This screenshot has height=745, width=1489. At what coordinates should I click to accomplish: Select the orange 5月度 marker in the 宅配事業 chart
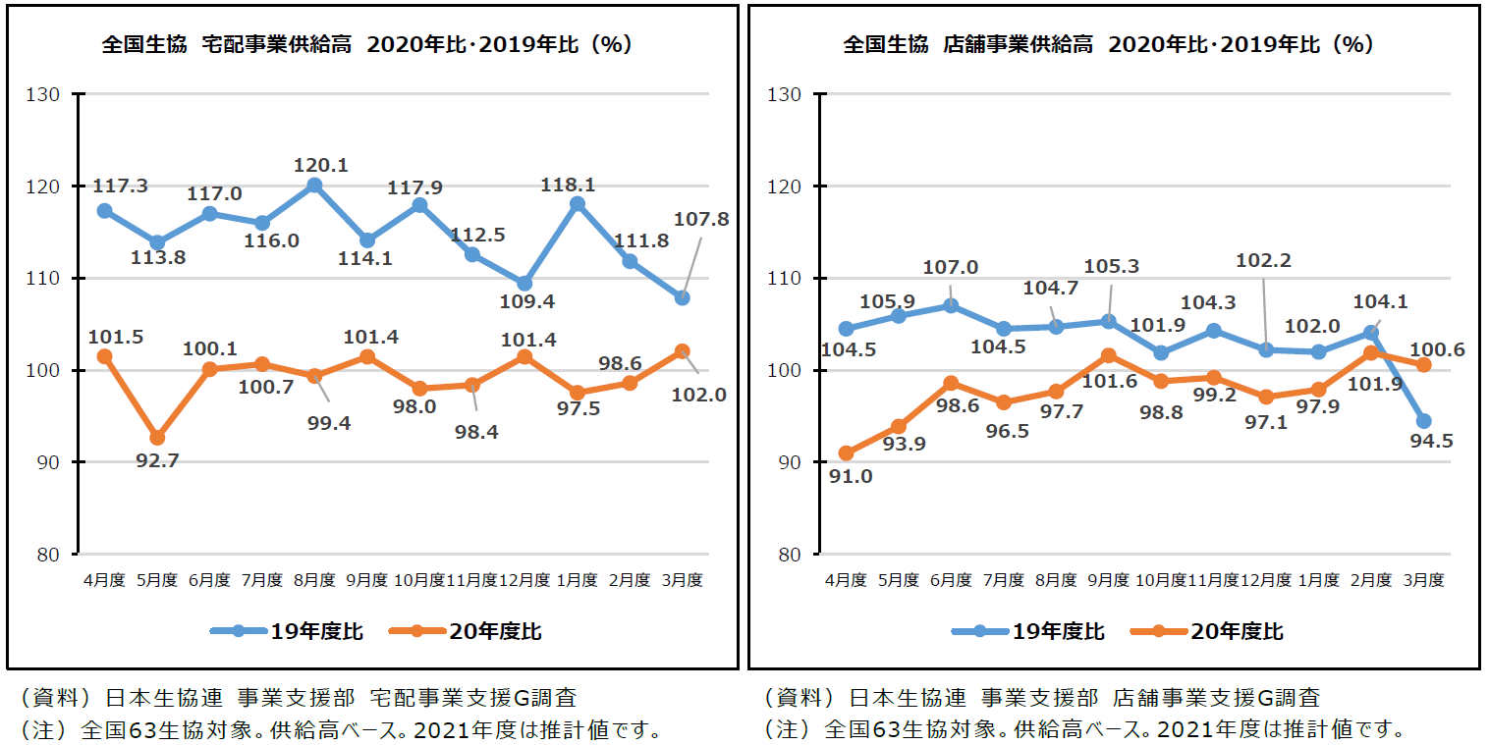click(x=157, y=438)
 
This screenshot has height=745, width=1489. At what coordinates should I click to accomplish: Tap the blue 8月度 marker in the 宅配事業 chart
click(x=314, y=185)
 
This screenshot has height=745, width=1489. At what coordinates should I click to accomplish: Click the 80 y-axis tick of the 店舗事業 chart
click(x=791, y=554)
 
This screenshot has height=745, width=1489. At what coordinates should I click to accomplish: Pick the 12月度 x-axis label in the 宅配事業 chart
click(x=524, y=580)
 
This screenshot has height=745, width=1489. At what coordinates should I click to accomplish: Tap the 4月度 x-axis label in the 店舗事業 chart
click(x=846, y=580)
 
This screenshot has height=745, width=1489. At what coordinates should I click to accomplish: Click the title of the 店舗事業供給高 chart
click(x=1108, y=44)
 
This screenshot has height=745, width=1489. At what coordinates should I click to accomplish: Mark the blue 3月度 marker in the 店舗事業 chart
click(x=1423, y=421)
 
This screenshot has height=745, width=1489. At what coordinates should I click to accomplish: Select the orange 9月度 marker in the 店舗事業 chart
click(x=1109, y=354)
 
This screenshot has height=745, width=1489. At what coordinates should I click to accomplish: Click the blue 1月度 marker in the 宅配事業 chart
click(x=578, y=204)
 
